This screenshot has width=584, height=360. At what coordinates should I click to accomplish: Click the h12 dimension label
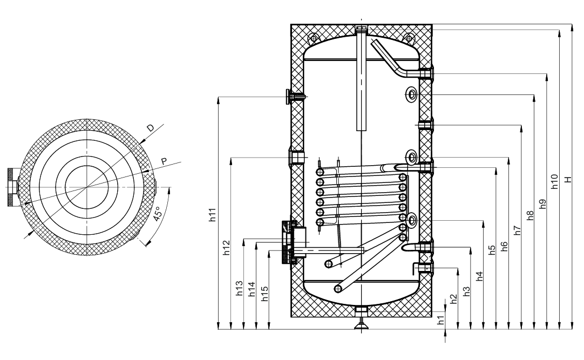[x=226, y=248]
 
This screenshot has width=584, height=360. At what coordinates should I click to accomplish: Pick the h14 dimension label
[x=252, y=289]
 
